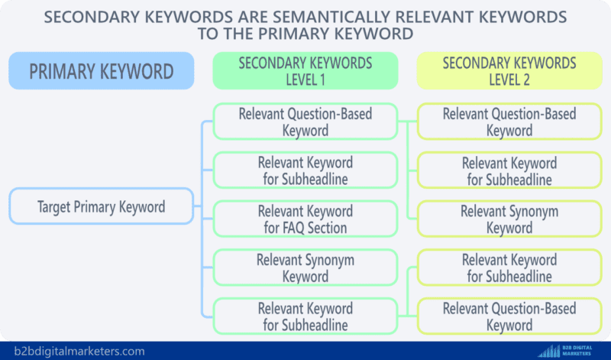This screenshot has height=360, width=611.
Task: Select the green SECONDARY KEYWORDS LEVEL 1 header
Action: click(305, 71)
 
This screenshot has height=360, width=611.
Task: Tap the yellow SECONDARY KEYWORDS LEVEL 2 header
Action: click(509, 71)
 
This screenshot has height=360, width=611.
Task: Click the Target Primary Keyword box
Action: click(102, 206)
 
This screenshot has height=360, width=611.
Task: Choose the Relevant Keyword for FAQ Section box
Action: click(305, 219)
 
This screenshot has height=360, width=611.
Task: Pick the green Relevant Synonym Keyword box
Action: click(305, 268)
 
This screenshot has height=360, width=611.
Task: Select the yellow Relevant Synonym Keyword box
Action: click(509, 219)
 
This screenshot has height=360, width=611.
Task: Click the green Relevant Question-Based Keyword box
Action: click(305, 122)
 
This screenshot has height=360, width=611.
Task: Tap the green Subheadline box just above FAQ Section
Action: click(305, 170)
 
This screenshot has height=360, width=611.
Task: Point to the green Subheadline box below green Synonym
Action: click(305, 316)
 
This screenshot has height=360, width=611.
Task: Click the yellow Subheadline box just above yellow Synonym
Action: click(509, 170)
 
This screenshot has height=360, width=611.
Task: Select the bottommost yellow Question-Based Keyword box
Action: click(509, 316)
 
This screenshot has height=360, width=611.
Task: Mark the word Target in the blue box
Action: click(57, 206)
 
